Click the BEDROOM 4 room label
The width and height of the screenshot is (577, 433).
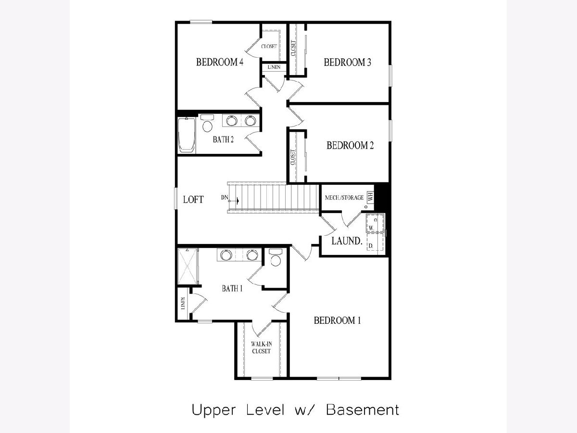[219, 63]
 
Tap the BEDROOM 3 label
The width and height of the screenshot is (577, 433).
[347, 63]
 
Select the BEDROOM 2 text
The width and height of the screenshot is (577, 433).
[350, 145]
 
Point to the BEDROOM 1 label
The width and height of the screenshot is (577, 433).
[337, 320]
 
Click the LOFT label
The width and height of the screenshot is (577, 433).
[193, 200]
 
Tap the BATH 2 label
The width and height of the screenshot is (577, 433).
[223, 140]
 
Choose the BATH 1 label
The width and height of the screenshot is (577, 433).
[232, 288]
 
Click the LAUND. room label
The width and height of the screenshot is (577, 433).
[347, 241]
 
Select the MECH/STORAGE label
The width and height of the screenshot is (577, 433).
[344, 198]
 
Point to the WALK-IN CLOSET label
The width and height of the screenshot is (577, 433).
[261, 347]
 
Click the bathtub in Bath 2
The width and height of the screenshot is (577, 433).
[187, 135]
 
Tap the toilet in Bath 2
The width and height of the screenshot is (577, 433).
[207, 124]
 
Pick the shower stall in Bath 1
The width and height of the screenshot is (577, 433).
[188, 267]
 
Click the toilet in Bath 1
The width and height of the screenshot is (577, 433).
[276, 258]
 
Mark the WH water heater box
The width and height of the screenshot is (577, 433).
[370, 197]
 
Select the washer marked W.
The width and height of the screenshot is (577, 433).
[375, 223]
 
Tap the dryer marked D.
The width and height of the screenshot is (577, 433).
[375, 242]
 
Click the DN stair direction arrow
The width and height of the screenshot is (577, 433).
[234, 201]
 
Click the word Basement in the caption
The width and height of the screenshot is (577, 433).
[363, 410]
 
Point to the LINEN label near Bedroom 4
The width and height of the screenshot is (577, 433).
[274, 67]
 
